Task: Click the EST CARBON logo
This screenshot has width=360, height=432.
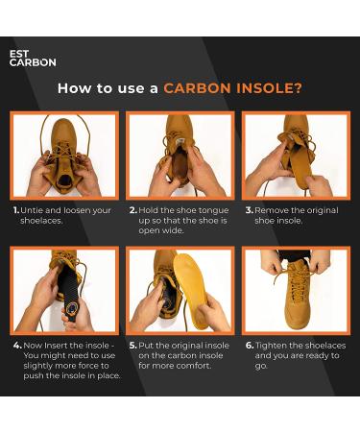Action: click(32, 59)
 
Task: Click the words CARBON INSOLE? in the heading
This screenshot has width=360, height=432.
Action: click(232, 88)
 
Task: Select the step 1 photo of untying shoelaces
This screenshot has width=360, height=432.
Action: click(64, 156)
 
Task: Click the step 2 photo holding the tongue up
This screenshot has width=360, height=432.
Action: click(180, 156)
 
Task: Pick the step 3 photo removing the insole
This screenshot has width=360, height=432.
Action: click(295, 156)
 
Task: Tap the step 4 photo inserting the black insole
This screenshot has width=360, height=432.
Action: click(64, 290)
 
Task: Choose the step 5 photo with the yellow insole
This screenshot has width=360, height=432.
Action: click(180, 290)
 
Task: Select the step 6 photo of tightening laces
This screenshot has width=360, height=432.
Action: click(295, 290)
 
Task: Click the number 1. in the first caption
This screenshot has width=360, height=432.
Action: click(16, 209)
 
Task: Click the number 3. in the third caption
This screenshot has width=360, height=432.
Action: click(249, 209)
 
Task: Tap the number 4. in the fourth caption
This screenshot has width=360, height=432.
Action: click(17, 345)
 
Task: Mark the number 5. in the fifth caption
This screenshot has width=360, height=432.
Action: click(132, 345)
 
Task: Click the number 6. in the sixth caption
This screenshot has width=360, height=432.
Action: click(249, 345)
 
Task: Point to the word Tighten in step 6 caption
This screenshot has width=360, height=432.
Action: click(274, 345)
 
